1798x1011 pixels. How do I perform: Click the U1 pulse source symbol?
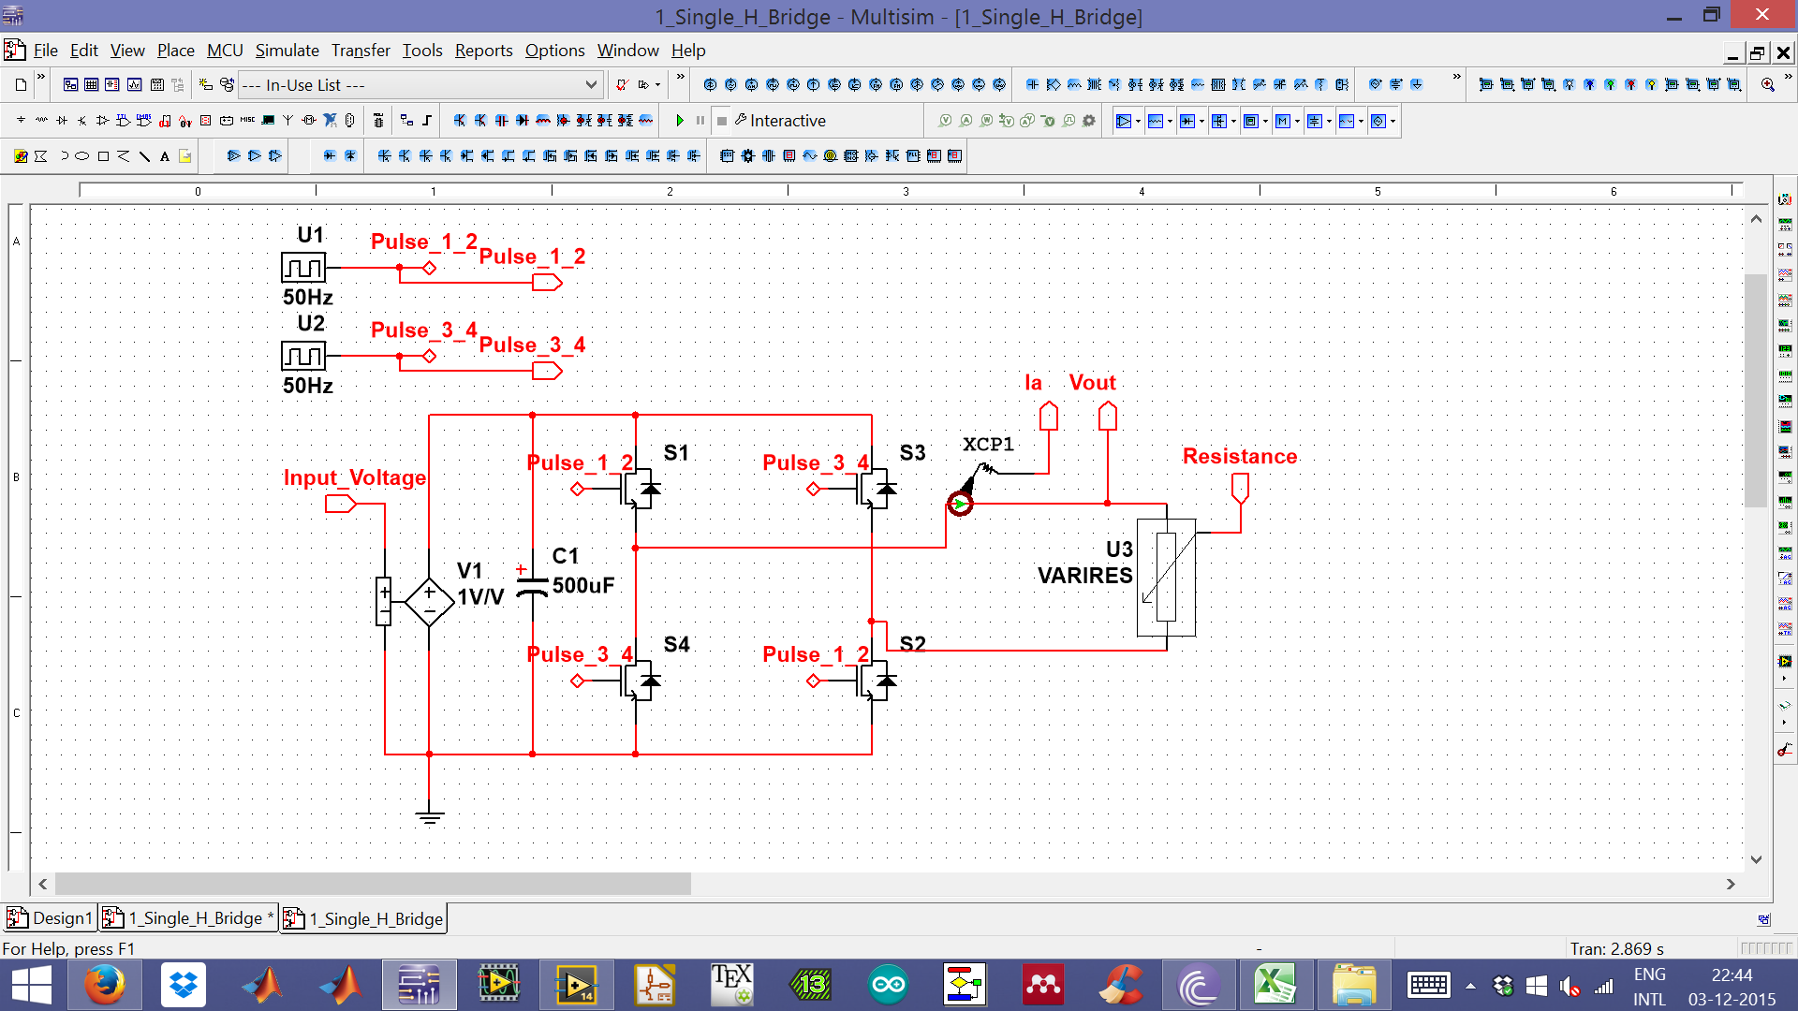point(303,269)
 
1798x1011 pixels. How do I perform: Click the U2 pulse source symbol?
point(303,357)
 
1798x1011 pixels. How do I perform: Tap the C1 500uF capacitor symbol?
point(532,587)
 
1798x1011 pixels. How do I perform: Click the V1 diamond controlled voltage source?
point(429,602)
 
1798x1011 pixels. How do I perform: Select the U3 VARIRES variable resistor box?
point(1166,578)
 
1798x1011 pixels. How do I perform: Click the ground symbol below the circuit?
point(429,816)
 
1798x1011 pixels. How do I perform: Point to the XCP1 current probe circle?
point(960,504)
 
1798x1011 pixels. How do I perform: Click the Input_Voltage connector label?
point(354,478)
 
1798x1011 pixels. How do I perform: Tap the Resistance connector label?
point(1239,457)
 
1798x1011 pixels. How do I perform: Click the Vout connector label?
point(1092,383)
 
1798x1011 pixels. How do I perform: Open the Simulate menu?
point(287,51)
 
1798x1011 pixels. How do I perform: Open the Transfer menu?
point(361,51)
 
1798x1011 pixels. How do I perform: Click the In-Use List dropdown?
point(419,85)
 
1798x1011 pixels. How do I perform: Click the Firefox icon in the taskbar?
point(104,985)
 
